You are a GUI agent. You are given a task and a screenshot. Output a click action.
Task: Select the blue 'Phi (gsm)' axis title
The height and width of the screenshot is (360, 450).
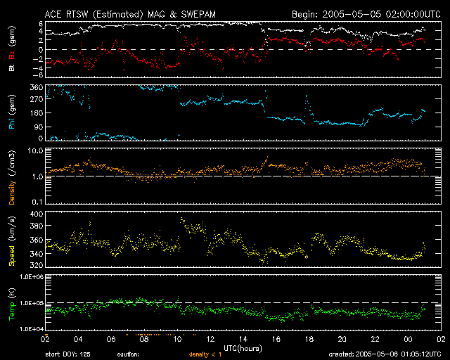click(x=12, y=114)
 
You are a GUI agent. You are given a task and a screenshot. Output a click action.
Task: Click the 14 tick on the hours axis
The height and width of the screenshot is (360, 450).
click(x=243, y=339)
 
